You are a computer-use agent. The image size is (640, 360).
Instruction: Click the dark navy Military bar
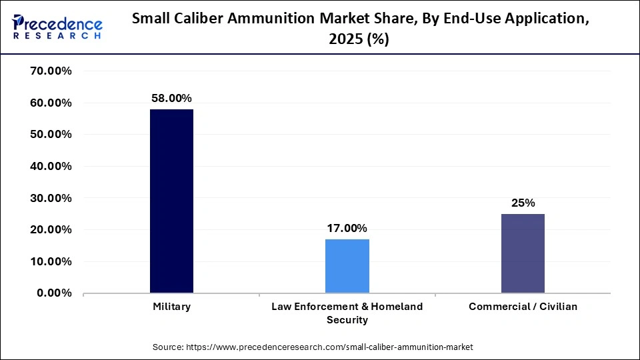(171, 201)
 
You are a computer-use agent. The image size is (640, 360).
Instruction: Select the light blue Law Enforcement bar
(347, 266)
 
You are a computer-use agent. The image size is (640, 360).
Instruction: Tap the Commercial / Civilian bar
(523, 253)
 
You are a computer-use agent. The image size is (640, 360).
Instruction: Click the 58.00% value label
(171, 98)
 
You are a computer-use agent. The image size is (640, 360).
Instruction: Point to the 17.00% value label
(347, 228)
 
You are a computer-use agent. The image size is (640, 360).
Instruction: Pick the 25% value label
(523, 203)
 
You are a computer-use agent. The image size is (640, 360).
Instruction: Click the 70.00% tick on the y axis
(51, 71)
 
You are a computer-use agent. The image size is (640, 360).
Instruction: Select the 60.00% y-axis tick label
(51, 103)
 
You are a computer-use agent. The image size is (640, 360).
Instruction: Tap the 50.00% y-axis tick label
(51, 135)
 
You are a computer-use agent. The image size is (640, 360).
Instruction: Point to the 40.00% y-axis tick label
(51, 167)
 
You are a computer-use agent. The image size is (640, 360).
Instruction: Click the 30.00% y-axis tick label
(51, 198)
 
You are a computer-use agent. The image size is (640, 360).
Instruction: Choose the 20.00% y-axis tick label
(51, 230)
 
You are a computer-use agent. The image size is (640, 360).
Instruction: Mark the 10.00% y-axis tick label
(51, 261)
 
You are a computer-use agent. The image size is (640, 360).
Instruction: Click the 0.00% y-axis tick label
(54, 293)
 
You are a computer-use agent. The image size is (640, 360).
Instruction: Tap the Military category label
(171, 307)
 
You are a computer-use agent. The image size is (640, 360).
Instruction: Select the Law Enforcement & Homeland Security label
(347, 313)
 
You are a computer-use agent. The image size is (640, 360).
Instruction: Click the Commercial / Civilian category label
(523, 307)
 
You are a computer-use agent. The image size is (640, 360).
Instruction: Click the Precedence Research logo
(57, 27)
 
